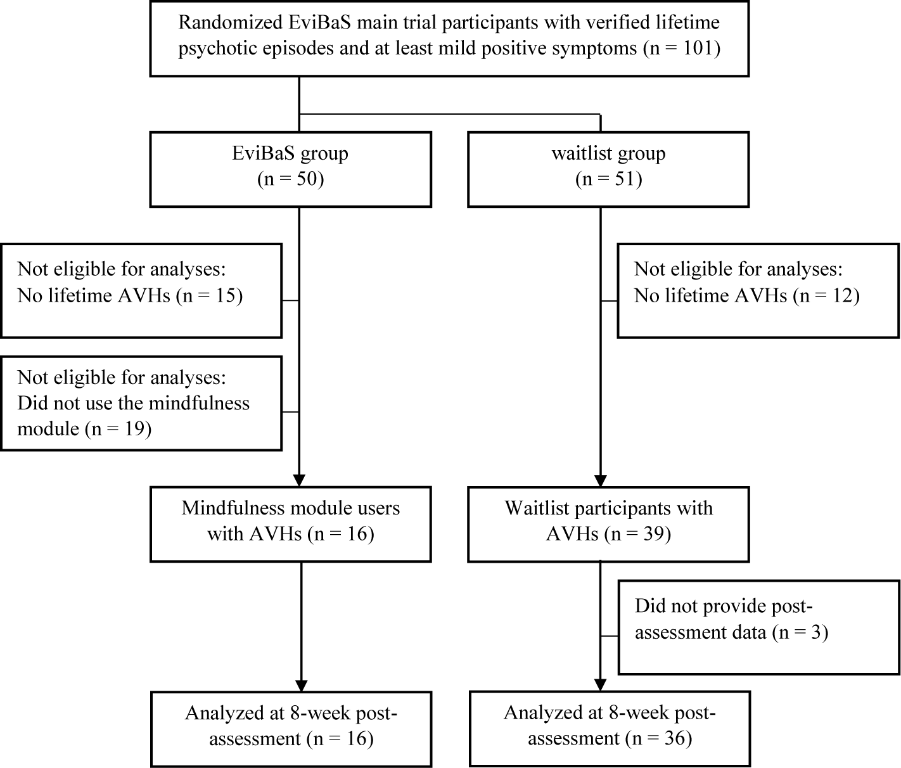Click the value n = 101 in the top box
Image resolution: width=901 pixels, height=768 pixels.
click(682, 49)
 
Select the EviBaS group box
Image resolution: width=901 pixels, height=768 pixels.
click(290, 169)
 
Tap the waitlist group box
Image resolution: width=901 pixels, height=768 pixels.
click(608, 169)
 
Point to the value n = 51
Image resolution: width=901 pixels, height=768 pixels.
click(609, 179)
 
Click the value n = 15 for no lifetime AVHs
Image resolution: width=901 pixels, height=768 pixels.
click(210, 295)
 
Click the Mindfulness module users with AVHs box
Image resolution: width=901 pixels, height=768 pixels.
click(290, 523)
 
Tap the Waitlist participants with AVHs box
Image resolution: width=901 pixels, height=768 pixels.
click(608, 523)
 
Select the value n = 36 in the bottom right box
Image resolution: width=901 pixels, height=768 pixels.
click(658, 738)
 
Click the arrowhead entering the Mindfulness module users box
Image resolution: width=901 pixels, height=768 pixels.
click(298, 480)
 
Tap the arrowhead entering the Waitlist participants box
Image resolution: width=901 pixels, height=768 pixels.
click(599, 480)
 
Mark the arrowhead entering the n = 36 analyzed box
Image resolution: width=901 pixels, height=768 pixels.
click(599, 684)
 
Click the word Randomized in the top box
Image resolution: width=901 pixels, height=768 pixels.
click(218, 23)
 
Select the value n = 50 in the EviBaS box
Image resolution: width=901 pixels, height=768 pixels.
click(291, 179)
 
